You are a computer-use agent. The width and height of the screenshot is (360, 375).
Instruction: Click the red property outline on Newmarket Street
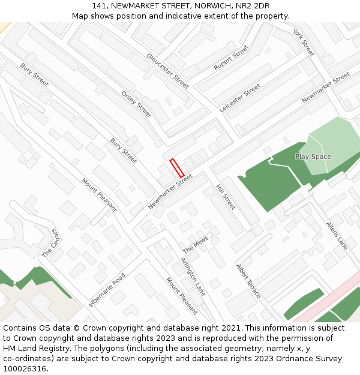point(176,167)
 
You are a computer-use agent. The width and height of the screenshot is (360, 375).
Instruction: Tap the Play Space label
point(313,157)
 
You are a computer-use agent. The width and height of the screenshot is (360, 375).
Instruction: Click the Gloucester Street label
point(167,71)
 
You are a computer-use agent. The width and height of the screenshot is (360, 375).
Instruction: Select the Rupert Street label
point(231,58)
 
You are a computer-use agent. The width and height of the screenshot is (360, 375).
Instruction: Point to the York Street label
point(303,42)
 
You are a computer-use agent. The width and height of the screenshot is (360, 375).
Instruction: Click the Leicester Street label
point(240,97)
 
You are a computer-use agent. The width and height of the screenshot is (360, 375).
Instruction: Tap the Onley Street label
point(136,104)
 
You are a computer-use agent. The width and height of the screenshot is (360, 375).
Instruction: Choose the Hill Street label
point(226,197)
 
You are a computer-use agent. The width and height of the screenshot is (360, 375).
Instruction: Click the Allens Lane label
point(337,235)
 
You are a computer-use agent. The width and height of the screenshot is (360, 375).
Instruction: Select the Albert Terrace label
point(248,281)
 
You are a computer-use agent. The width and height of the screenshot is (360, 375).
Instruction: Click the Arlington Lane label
point(193,277)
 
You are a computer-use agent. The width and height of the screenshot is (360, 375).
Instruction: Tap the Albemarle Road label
point(107,290)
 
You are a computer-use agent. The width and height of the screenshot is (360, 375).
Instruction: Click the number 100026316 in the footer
point(25,368)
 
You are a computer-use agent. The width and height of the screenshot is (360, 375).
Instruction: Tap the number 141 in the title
point(100,6)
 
